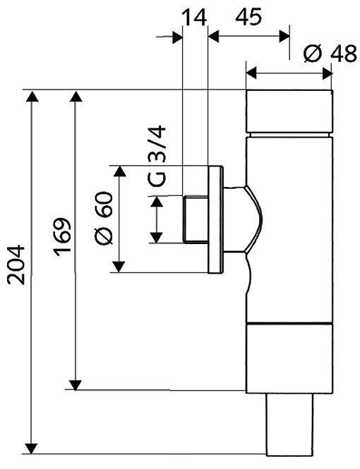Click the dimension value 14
pos(194,16)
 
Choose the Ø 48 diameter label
pos(329,54)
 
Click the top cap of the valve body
pos(289,111)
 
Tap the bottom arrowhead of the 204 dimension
pos(31,446)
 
